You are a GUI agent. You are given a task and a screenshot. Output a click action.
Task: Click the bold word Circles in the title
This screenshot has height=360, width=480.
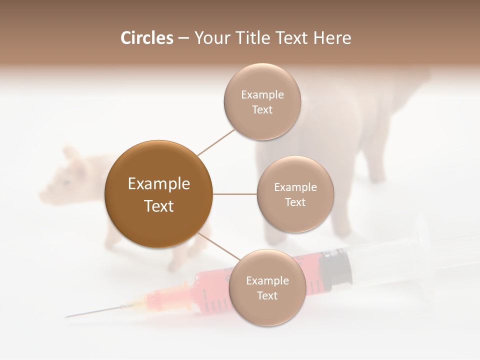pos(146,38)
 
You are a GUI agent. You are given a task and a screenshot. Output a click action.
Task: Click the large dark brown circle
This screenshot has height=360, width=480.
pos(159,194)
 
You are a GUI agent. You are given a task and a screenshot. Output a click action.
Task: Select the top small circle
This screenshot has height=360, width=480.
pos(262,101)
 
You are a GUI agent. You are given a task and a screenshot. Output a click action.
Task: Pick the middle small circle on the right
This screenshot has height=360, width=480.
pos(295,194)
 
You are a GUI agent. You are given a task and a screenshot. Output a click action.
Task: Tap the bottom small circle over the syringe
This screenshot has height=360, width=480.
pos(267,287)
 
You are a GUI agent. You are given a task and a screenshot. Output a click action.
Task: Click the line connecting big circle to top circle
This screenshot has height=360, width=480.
pos(216,141)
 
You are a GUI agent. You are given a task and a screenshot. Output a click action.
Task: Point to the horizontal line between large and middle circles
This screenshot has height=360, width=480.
pos(235,194)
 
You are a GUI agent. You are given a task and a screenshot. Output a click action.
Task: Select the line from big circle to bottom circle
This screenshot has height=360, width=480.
pos(218,245)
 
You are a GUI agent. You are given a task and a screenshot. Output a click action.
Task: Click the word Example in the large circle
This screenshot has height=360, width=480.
pos(159,184)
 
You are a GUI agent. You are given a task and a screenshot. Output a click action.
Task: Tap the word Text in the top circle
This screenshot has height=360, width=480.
pos(262,110)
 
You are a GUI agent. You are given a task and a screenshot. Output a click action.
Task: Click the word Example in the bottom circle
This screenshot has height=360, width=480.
pos(267,280)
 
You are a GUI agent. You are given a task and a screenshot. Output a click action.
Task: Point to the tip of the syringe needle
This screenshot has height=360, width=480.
pos(66,317)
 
